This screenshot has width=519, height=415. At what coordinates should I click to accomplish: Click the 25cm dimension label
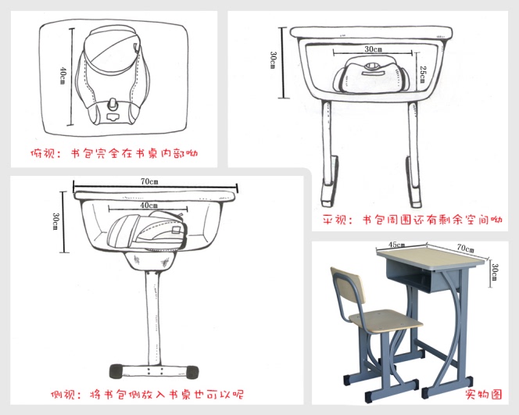coord(423,74)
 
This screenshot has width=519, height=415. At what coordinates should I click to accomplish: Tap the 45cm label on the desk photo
coord(396,245)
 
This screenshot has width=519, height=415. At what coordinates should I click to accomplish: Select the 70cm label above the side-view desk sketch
coord(149,181)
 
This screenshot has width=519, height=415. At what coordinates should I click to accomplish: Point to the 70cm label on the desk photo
coord(465,248)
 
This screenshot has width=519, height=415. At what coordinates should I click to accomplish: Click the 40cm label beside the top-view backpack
coord(63,76)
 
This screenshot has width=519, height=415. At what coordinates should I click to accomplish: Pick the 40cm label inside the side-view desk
coord(149,206)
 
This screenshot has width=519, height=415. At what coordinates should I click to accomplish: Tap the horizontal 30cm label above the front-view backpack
coord(374,49)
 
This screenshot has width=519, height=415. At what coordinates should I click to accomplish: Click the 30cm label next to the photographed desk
coord(494,272)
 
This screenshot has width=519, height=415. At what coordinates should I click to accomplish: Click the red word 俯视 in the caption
coord(42,153)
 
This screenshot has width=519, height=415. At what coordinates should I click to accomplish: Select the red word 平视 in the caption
coord(335,220)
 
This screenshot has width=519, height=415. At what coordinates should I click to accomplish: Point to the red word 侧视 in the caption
coord(63,395)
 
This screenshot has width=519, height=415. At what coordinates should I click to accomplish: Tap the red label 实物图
coord(484,394)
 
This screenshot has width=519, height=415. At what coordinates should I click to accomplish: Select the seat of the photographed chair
coord(385,320)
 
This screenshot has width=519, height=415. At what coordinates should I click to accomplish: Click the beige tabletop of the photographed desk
coord(431,257)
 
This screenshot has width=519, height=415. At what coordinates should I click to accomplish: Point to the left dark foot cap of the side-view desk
coord(116,371)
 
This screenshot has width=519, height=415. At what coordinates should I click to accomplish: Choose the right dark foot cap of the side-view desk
coord(192,372)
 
